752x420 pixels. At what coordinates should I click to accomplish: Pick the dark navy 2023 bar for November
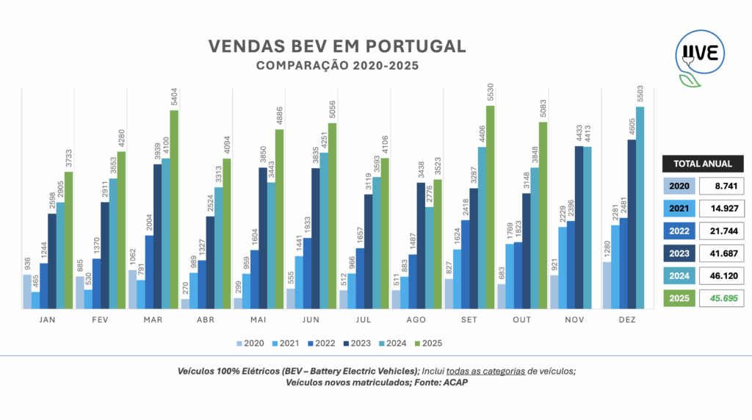(x=579, y=228)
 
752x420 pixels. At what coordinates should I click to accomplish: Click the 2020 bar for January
(x=27, y=292)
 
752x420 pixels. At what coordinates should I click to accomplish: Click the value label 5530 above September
(x=491, y=95)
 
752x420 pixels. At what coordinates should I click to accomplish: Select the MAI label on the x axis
(x=258, y=321)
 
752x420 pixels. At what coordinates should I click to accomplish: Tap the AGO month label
(x=416, y=321)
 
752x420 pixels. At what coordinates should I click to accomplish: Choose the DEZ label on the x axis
(x=627, y=321)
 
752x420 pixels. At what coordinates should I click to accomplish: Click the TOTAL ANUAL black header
(x=703, y=164)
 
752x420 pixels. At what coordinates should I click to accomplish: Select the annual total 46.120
(x=722, y=276)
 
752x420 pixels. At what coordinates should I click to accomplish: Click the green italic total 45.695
(x=722, y=299)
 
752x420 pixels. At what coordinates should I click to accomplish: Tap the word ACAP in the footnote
(x=455, y=383)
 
